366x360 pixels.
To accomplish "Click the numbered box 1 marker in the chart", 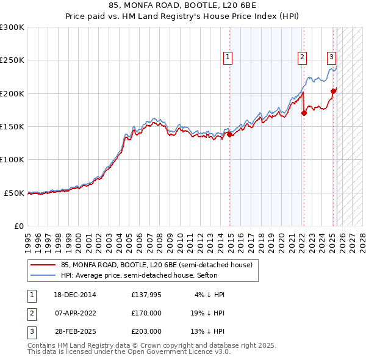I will click(227, 57).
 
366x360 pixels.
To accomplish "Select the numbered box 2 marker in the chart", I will click(302, 57).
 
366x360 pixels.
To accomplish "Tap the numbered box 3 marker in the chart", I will click(331, 57).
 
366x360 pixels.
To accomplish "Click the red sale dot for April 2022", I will click(304, 113).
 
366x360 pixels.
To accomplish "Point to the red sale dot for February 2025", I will click(333, 92).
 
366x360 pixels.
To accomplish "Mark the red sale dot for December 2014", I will click(230, 134).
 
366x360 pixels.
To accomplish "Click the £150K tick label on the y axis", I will click(12, 126).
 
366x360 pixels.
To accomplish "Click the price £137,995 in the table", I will click(146, 295).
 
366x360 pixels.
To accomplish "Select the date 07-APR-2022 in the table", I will click(75, 313).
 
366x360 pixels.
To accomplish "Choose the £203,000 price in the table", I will click(146, 331).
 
